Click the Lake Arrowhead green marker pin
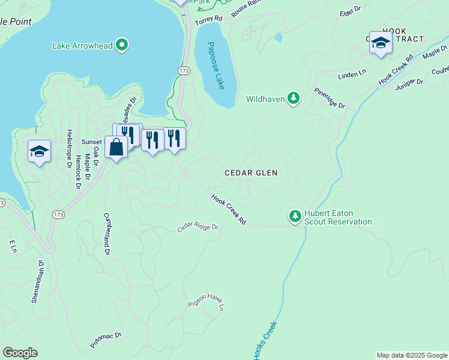pyautogui.click(x=122, y=45)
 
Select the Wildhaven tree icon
pyautogui.click(x=293, y=98)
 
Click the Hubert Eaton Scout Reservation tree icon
pyautogui.click(x=295, y=216)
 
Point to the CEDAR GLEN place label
pyautogui.click(x=251, y=173)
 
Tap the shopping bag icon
pyautogui.click(x=115, y=146)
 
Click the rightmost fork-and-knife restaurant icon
pyautogui.click(x=174, y=138)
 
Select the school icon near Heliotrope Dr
pyautogui.click(x=39, y=151)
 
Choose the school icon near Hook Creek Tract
pyautogui.click(x=381, y=43)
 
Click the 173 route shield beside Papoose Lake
pyautogui.click(x=184, y=71)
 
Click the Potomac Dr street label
pyautogui.click(x=106, y=340)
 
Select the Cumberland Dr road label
pyautogui.click(x=107, y=234)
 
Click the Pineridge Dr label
pyautogui.click(x=330, y=98)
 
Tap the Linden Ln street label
pyautogui.click(x=352, y=73)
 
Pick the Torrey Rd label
pyautogui.click(x=208, y=19)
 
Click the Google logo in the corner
pyautogui.click(x=20, y=352)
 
